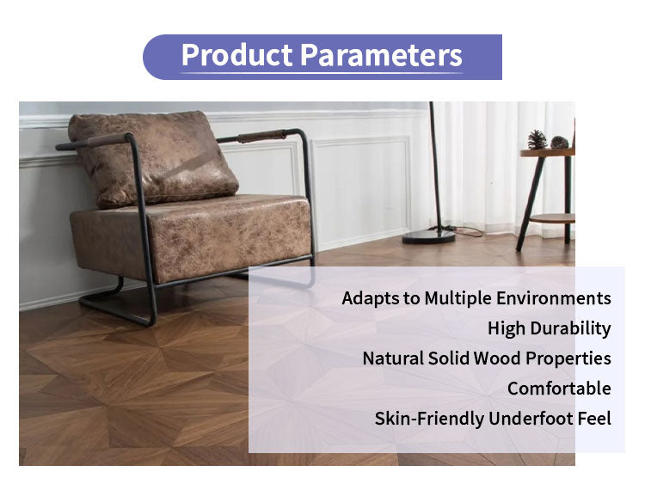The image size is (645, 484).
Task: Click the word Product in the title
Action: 236,56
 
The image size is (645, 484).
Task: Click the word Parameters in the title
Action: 380,56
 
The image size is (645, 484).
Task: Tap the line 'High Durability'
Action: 549,328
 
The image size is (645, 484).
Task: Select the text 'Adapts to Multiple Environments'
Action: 476,298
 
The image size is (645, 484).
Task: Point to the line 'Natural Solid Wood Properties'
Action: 486,358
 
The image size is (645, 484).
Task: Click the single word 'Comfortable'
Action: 559,389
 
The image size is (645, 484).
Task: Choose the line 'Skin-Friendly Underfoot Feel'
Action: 492,419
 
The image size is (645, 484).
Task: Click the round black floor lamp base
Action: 429,236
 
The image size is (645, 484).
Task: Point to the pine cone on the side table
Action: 537,139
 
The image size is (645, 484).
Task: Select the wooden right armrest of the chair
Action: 261,136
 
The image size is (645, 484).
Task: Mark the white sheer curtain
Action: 482,163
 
